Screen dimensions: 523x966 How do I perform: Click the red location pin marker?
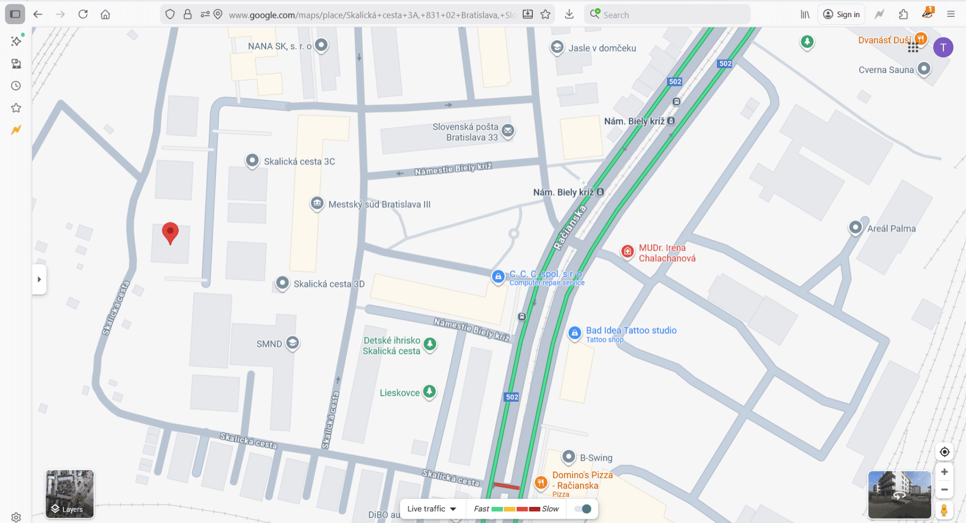170,233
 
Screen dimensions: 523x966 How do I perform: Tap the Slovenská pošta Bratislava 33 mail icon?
508,130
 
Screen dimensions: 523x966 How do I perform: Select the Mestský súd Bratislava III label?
379,205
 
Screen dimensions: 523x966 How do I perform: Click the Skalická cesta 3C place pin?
252,161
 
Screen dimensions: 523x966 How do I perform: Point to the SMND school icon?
292,343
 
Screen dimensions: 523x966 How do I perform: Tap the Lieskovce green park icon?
429,392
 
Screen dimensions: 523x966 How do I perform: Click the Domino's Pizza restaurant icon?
541,482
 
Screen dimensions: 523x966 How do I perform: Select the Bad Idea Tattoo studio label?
631,331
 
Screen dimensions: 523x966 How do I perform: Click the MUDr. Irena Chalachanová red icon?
627,251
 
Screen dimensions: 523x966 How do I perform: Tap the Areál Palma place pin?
855,228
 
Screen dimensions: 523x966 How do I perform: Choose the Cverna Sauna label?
886,70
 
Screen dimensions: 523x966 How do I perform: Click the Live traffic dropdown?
431,509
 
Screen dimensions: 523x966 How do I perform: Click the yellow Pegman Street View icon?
944,510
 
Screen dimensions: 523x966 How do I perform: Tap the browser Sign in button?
841,14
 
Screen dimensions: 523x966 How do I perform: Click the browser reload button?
83,14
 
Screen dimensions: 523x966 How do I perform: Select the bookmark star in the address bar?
546,14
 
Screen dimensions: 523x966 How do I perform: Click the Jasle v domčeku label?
602,48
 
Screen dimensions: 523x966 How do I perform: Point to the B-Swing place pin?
569,457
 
